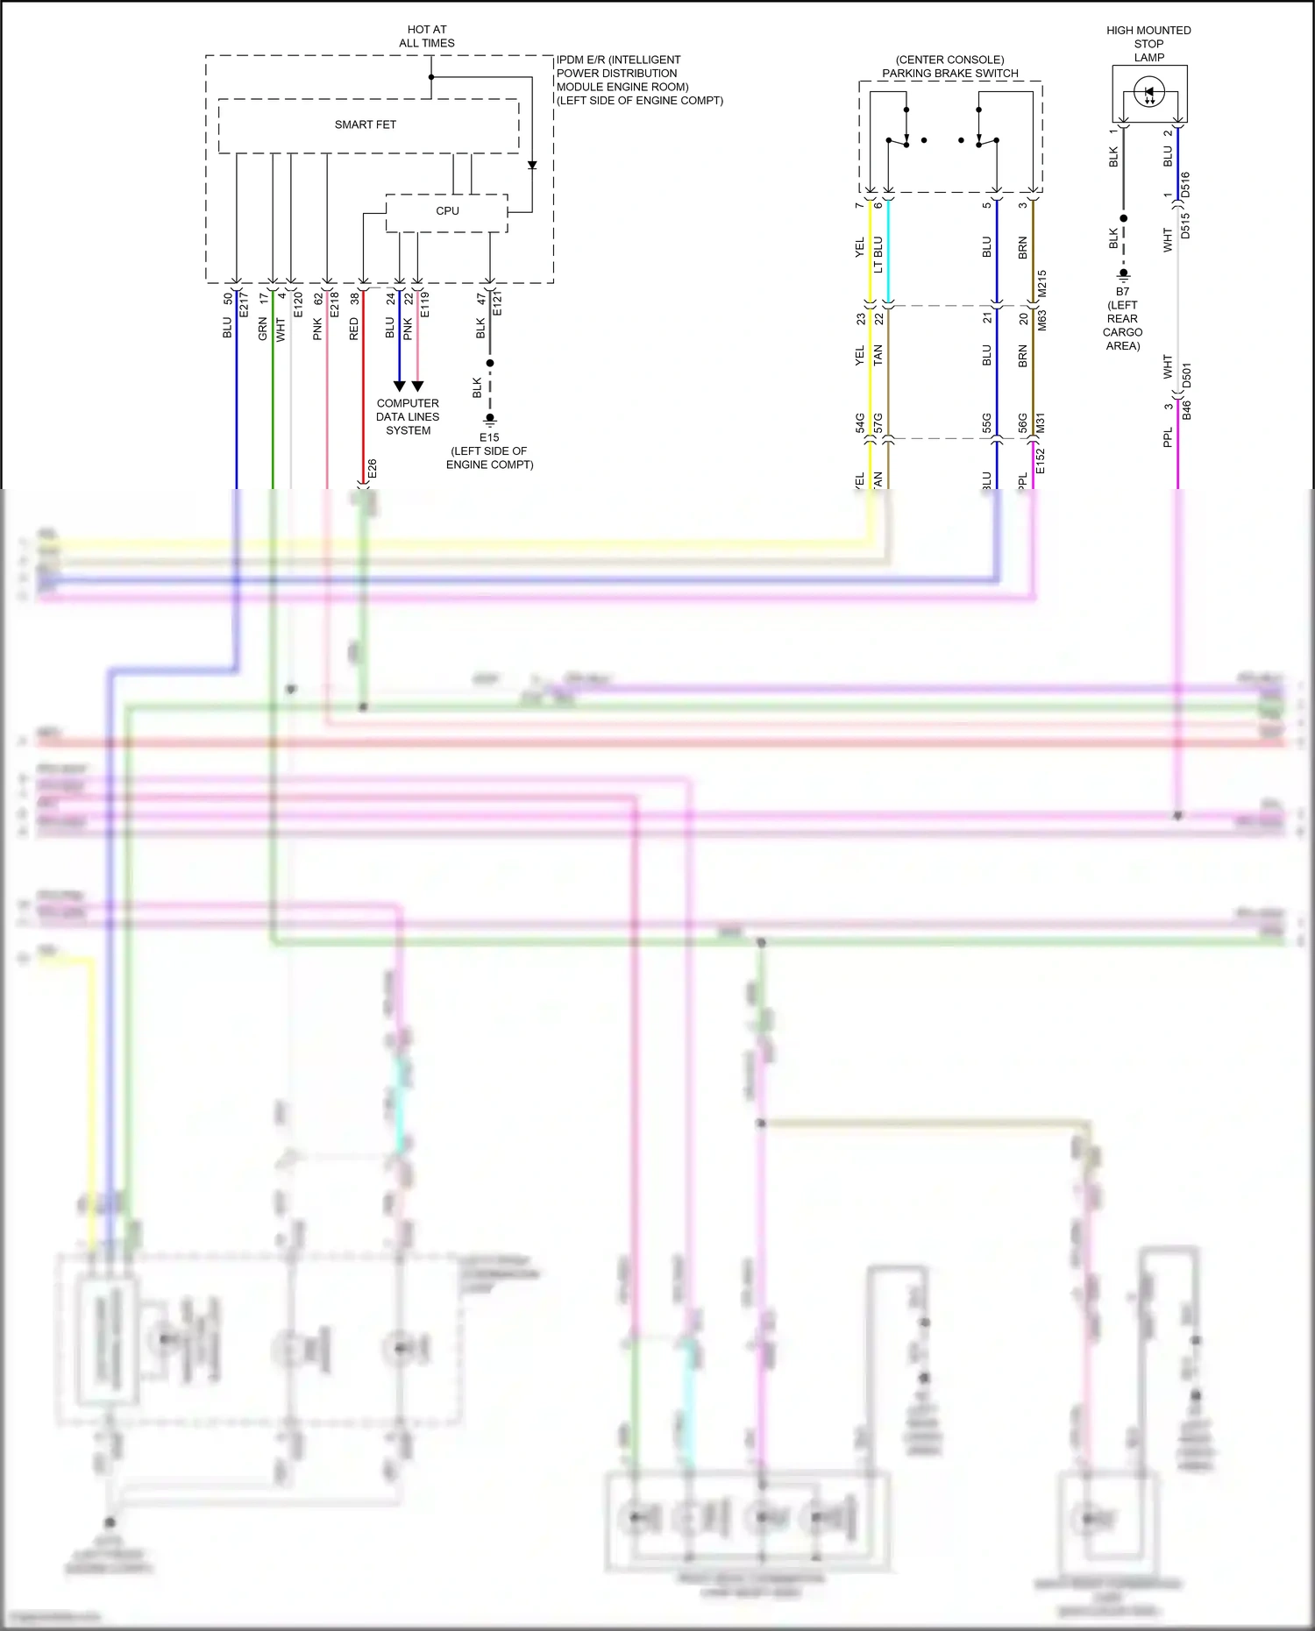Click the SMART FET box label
365,124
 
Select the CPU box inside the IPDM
447,211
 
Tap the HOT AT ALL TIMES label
427,36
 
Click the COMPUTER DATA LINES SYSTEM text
408,417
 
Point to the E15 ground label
489,437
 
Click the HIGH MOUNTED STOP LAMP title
1148,44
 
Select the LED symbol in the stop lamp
1149,92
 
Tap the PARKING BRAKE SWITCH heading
950,74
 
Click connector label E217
245,304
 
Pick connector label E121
497,304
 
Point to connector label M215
1042,283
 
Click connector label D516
1185,184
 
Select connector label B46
1187,408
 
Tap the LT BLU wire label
878,254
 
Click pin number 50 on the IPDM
228,298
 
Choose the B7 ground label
1123,292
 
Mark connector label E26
373,469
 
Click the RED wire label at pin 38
354,330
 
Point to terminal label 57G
878,423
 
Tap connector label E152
1041,461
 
